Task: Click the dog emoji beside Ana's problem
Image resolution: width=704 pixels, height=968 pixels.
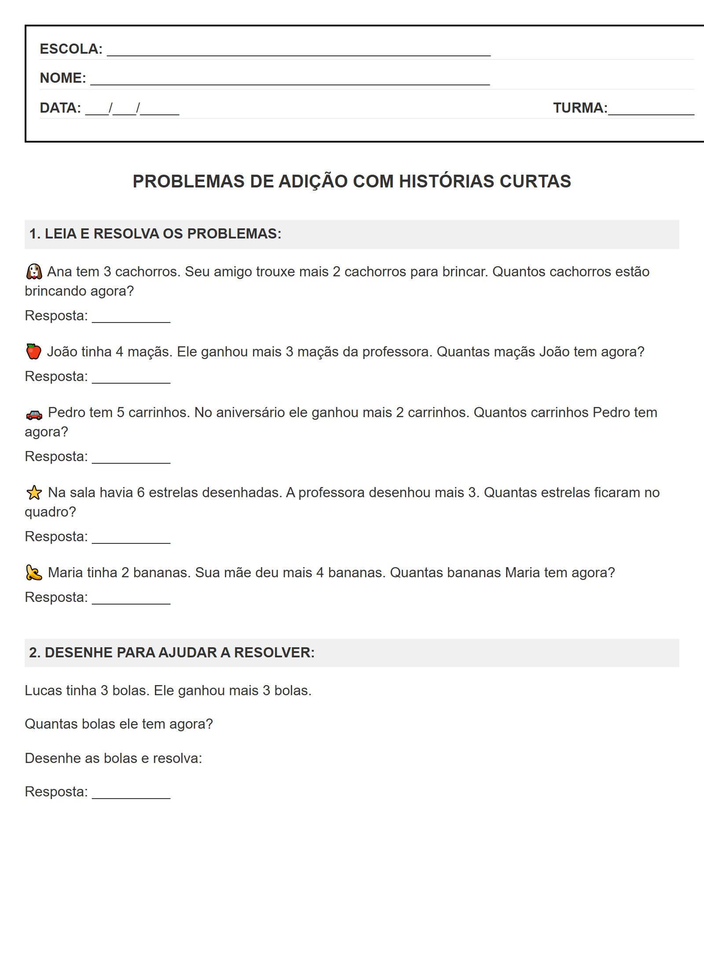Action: [34, 271]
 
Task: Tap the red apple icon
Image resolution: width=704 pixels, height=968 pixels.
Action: [34, 352]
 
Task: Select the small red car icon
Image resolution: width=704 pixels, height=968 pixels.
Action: [34, 414]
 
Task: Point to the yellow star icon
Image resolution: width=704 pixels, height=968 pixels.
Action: [34, 492]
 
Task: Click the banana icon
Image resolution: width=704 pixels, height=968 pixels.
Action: [34, 572]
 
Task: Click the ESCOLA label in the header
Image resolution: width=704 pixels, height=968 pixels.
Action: [71, 49]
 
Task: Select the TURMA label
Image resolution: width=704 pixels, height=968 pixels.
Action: [580, 108]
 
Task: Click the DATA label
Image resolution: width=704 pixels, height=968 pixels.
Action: [60, 108]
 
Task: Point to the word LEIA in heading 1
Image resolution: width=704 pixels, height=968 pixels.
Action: [60, 234]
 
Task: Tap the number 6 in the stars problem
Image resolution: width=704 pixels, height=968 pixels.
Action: [141, 492]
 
